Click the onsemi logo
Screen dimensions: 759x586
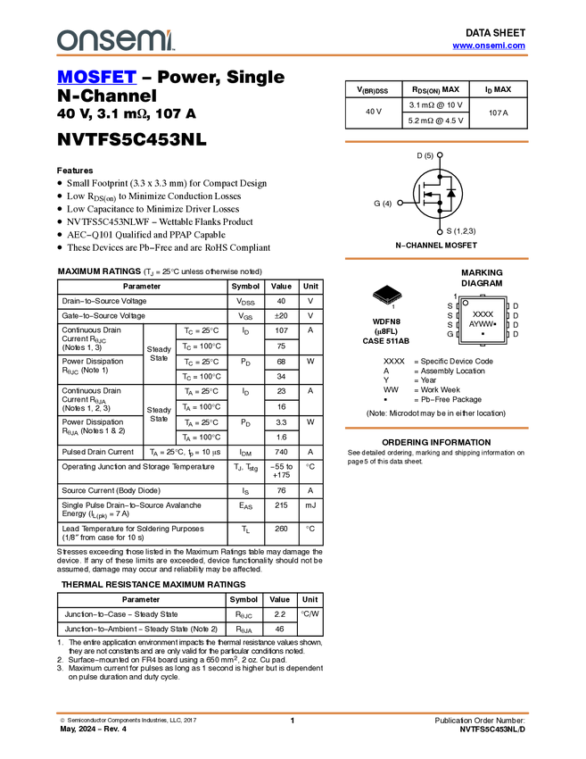click(115, 40)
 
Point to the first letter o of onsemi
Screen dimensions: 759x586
click(66, 41)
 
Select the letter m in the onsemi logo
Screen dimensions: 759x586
click(148, 41)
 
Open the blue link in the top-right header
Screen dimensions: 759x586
click(489, 46)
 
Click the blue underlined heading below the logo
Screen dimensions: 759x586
click(96, 78)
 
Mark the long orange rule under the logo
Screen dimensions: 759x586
click(293, 55)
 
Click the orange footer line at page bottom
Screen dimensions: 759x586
click(293, 713)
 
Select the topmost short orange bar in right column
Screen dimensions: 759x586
click(436, 141)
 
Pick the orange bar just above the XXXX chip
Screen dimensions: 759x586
click(436, 259)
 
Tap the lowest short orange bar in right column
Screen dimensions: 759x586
click(436, 428)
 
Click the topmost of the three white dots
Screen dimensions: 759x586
click(440, 154)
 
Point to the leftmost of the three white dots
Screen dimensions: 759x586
click(400, 203)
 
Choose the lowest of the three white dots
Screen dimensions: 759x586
click(440, 231)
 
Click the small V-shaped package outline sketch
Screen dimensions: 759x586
click(388, 298)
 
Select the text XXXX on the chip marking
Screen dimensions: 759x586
click(483, 314)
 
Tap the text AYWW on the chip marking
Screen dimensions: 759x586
click(480, 324)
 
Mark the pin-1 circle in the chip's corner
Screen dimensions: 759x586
click(466, 303)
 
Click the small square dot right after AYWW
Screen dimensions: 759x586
click(494, 324)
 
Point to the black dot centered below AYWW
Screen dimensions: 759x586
click(483, 334)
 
